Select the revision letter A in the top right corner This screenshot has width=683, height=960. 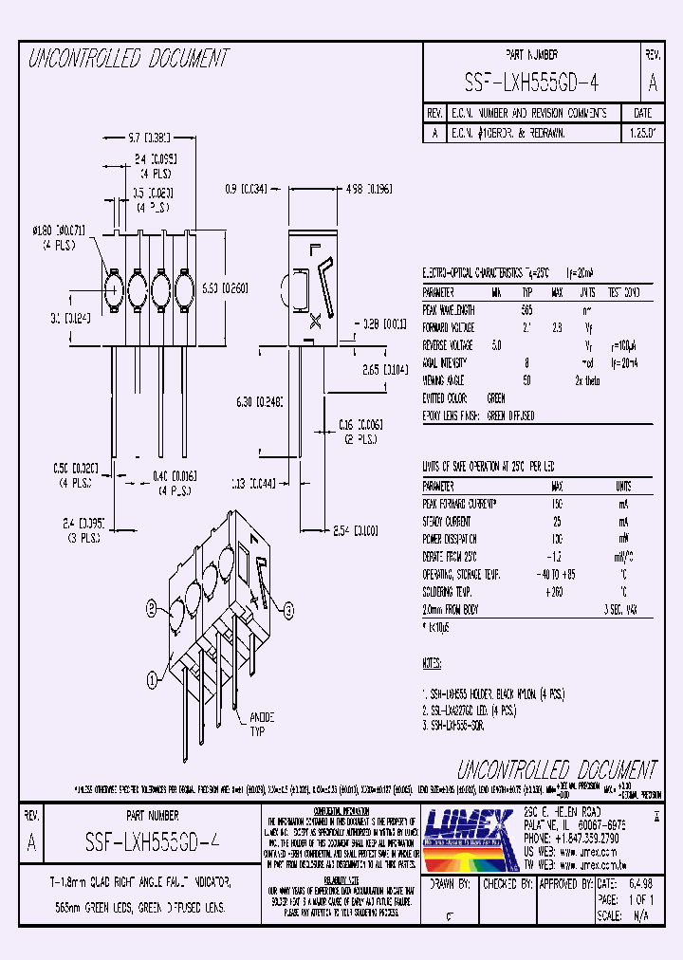(653, 83)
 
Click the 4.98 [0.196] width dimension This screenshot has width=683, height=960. (369, 189)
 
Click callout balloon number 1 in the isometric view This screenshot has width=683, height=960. (152, 678)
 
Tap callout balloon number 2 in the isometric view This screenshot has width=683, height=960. (151, 607)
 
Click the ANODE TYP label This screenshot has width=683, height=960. (261, 724)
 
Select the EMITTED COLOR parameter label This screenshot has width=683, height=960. (445, 397)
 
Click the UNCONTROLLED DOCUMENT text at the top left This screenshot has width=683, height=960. (128, 59)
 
